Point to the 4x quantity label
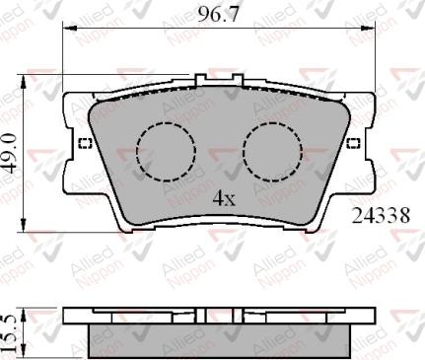[x=225, y=198]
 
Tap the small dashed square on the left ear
[x=83, y=145]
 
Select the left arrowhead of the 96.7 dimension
[x=68, y=30]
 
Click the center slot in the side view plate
[x=203, y=315]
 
